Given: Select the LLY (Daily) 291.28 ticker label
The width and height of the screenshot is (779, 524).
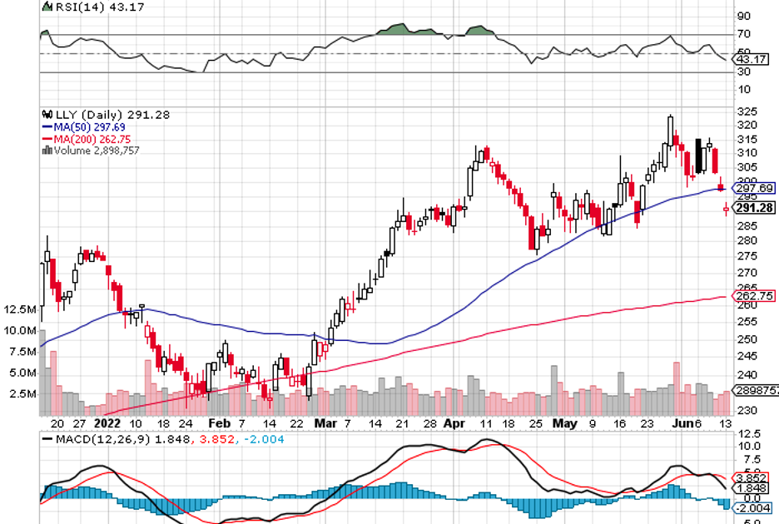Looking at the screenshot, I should click(x=106, y=115).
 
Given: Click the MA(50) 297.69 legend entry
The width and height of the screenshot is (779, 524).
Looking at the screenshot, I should click(x=86, y=126).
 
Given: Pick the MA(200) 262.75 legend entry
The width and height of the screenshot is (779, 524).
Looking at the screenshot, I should click(x=87, y=139).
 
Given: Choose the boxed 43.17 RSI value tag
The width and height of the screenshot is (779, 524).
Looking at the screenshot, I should click(x=752, y=59).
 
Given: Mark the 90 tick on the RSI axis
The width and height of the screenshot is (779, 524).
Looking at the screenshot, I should click(x=742, y=16).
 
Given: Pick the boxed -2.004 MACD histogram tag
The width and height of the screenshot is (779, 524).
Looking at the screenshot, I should click(x=753, y=507).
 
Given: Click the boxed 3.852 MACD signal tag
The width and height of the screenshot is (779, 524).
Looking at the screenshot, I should click(x=753, y=478).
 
